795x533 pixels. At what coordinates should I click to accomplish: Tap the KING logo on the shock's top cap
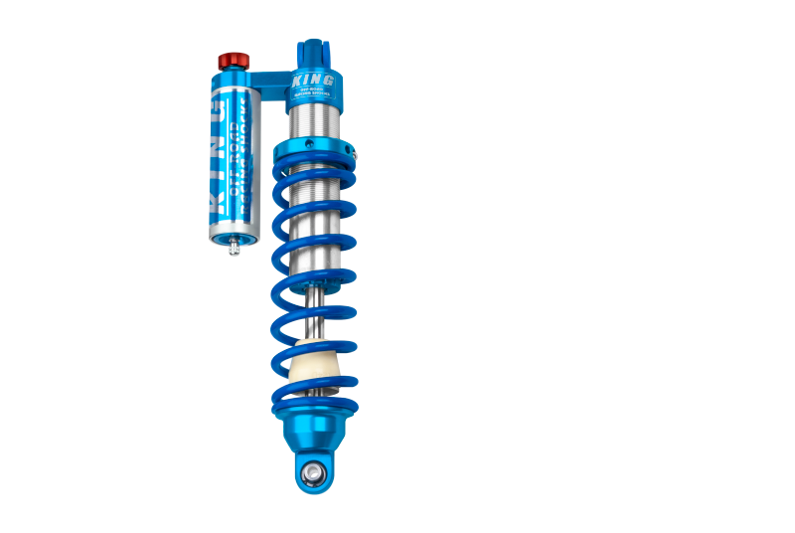click(x=313, y=80)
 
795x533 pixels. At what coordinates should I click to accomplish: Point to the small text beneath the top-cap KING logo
click(x=313, y=93)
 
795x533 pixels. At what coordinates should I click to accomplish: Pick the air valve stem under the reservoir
click(x=234, y=248)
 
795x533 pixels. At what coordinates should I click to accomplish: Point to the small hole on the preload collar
click(x=309, y=144)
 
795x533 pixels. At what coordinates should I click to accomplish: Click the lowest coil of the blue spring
click(x=316, y=406)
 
